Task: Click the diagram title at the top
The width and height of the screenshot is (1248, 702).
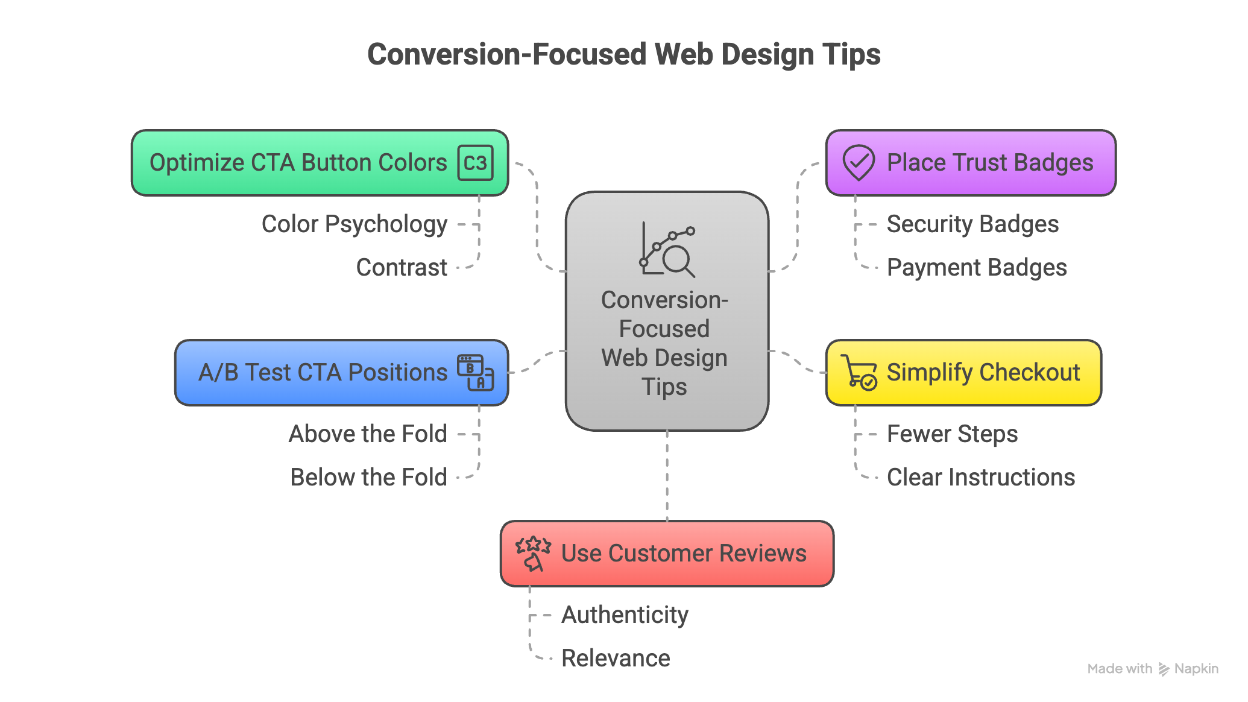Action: [624, 55]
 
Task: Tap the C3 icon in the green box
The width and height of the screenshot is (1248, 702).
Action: [475, 163]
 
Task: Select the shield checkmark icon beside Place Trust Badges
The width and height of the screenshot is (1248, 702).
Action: [859, 163]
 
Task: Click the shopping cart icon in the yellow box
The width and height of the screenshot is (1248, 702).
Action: [859, 372]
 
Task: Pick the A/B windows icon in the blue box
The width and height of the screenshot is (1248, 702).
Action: [475, 373]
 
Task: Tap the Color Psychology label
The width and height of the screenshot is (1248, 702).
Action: [355, 224]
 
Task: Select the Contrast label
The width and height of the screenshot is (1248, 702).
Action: [402, 267]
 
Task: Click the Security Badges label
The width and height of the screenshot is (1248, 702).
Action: [972, 224]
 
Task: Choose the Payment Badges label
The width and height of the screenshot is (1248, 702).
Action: [977, 268]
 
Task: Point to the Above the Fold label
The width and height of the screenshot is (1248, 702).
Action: [368, 434]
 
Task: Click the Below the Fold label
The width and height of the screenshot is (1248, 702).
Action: [368, 477]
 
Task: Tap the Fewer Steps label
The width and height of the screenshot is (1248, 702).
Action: [952, 434]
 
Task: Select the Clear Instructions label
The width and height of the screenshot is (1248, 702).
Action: [981, 477]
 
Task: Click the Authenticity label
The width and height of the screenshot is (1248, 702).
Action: [625, 615]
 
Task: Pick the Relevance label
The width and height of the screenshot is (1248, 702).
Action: [616, 658]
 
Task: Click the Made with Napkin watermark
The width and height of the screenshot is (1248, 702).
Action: [1153, 669]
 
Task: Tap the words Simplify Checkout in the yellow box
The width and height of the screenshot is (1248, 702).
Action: [983, 373]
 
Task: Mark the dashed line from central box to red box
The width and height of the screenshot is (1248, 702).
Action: [667, 476]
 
